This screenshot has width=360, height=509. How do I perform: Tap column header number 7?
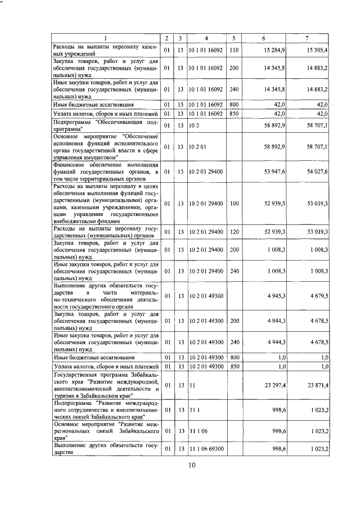coord(307,38)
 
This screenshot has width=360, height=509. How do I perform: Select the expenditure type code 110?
coord(235,51)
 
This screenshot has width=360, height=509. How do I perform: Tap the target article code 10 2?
coord(195,125)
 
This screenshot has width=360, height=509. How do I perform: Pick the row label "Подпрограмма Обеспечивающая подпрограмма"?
coord(105,125)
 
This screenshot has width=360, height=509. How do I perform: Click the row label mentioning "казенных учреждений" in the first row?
coord(105,51)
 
